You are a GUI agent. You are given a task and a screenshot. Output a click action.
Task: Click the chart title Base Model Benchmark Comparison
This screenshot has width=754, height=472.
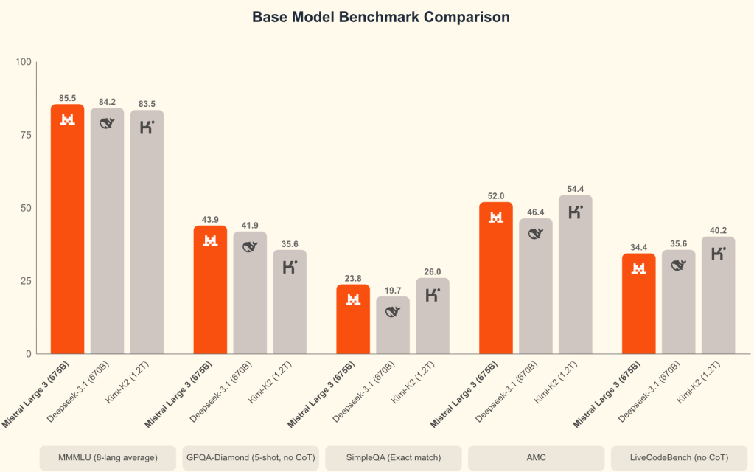(381, 17)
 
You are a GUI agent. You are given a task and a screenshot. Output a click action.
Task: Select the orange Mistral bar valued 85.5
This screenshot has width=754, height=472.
(67, 229)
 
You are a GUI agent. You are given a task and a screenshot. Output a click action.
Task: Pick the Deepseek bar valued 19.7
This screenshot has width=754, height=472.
(393, 325)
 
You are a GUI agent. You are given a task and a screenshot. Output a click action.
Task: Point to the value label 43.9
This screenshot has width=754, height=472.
(210, 220)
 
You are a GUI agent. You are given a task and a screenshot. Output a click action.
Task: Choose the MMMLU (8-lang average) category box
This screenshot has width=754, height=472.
(108, 458)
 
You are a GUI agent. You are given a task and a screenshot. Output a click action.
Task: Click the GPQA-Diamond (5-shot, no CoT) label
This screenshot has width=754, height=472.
(250, 458)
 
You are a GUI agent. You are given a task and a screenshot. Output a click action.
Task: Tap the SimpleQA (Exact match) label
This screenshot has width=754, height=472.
(393, 458)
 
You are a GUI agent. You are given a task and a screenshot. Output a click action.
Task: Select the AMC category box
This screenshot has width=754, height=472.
(536, 458)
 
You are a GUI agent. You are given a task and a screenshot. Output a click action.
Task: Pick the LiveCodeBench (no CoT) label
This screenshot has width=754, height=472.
(679, 458)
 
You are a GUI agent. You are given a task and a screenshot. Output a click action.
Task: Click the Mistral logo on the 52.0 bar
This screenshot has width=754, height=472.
(496, 217)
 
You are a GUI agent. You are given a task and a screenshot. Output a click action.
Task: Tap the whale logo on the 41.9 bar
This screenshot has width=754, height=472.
(250, 247)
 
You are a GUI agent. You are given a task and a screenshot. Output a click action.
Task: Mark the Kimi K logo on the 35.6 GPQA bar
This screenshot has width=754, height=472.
(290, 266)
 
